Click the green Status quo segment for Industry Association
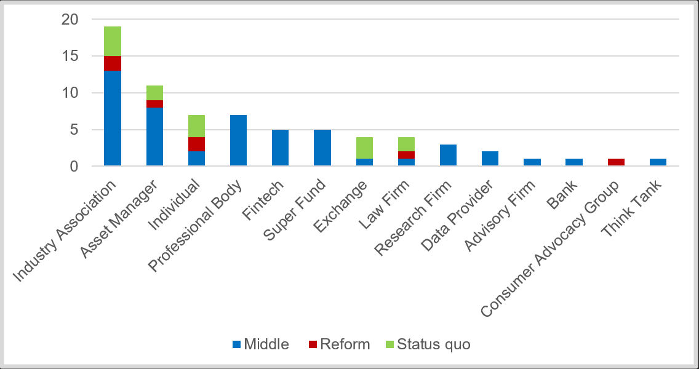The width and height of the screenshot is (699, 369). [x=113, y=41]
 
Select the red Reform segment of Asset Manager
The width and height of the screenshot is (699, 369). [x=154, y=104]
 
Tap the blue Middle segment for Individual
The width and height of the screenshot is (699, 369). [x=196, y=158]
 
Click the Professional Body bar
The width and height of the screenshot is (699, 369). [x=238, y=140]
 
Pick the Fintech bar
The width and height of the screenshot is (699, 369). [x=280, y=148]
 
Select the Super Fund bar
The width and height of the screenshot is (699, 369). [x=322, y=148]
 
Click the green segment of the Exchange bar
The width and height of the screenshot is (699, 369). [x=364, y=148]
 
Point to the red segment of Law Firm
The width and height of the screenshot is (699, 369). [x=405, y=155]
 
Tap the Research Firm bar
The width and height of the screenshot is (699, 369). [x=447, y=155]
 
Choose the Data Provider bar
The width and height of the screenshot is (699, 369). [x=490, y=159]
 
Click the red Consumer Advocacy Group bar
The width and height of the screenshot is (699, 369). [x=616, y=162]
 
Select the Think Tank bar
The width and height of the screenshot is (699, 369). [x=658, y=162]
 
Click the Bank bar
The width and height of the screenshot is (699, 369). [x=573, y=162]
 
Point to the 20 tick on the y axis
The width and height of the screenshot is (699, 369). [x=70, y=20]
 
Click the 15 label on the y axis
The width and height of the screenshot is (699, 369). [x=70, y=56]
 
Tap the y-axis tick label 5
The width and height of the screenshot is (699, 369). [x=74, y=130]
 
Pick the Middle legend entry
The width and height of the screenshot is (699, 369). [x=260, y=344]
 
